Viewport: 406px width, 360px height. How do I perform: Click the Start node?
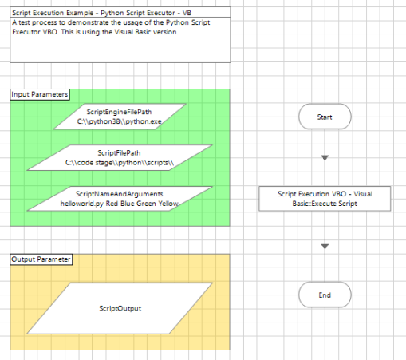[324, 117]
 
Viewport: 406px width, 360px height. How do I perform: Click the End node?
[324, 295]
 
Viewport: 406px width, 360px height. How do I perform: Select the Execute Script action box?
[324, 198]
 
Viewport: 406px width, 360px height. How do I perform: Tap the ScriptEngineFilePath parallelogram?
[119, 117]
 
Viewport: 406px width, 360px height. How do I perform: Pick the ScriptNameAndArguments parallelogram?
[119, 198]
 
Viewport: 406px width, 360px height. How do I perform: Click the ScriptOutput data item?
[119, 307]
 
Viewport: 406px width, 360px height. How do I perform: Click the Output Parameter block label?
[41, 259]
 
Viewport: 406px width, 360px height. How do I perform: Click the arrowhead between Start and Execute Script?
[324, 158]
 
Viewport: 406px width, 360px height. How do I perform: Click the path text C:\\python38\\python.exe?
[119, 121]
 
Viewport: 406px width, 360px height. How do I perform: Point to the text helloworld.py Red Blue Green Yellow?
[119, 204]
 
